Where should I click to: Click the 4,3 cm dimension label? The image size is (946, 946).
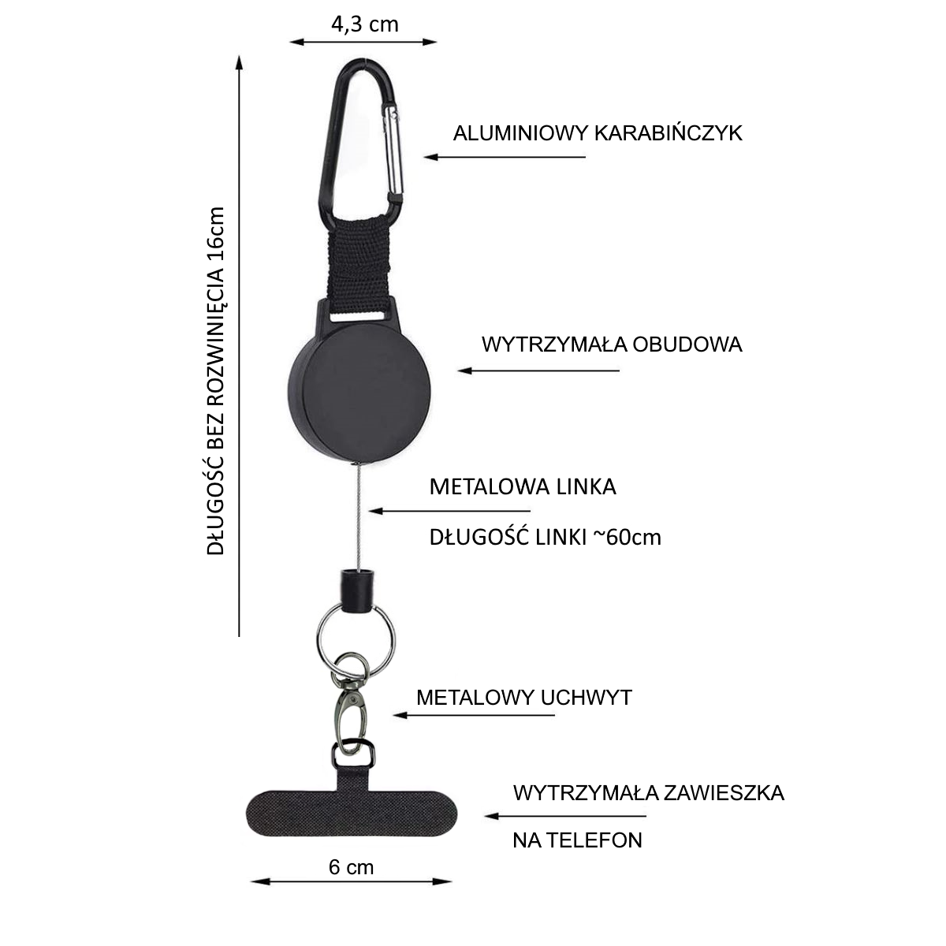[x=364, y=24]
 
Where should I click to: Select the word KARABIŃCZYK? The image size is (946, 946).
[x=669, y=132]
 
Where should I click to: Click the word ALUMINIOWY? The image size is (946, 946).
[x=520, y=133]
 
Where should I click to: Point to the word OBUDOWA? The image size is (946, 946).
[x=687, y=345]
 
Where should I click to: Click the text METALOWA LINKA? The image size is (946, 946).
[x=523, y=486]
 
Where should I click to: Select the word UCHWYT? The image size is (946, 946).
[x=587, y=697]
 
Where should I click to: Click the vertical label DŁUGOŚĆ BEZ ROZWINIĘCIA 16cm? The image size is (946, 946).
[x=215, y=381]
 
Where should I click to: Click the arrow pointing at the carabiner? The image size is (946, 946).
[x=505, y=157]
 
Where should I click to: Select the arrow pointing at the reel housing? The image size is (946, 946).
[x=538, y=371]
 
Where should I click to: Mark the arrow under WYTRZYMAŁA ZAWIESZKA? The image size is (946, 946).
[x=565, y=816]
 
